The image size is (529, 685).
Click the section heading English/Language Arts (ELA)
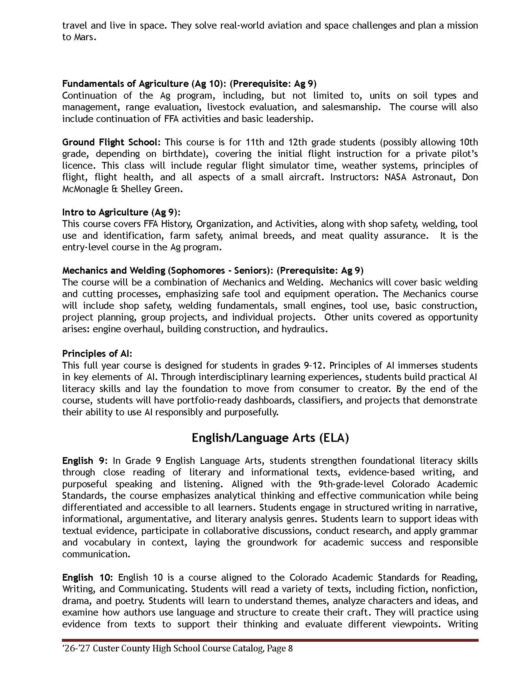click(270, 438)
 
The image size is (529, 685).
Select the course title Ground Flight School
click(109, 142)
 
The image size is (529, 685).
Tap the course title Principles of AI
click(96, 353)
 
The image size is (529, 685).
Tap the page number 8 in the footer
click(290, 649)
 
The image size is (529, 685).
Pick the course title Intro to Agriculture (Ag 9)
click(121, 212)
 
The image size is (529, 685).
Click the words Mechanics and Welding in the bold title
click(114, 270)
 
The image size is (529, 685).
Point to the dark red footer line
click(270, 640)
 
